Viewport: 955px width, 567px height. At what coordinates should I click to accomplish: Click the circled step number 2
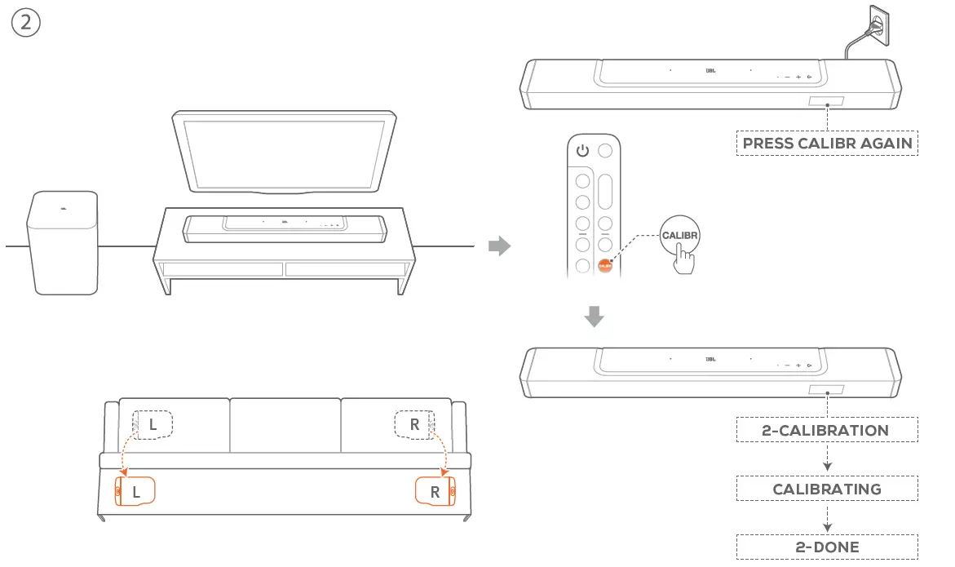point(25,24)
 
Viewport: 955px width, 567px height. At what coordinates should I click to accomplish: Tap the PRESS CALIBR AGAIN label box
point(827,144)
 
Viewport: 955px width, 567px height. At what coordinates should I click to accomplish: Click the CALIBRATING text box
point(827,489)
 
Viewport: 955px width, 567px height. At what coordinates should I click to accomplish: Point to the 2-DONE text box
point(827,547)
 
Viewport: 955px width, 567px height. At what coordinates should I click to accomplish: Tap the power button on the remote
point(582,150)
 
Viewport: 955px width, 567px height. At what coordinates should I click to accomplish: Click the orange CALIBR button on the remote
point(605,266)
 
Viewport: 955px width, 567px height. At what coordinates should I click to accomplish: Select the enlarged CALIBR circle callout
point(680,235)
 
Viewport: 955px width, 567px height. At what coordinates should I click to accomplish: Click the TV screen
point(284,153)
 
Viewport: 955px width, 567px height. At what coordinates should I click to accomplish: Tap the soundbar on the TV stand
point(285,228)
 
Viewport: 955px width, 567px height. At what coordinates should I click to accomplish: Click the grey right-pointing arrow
point(498,246)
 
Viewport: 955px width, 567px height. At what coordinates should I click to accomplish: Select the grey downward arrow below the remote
point(596,317)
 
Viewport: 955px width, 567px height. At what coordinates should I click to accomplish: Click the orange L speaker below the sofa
point(135,492)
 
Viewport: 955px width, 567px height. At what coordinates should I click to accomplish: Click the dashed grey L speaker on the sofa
point(153,424)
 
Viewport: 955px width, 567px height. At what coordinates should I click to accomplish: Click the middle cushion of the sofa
point(285,424)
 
